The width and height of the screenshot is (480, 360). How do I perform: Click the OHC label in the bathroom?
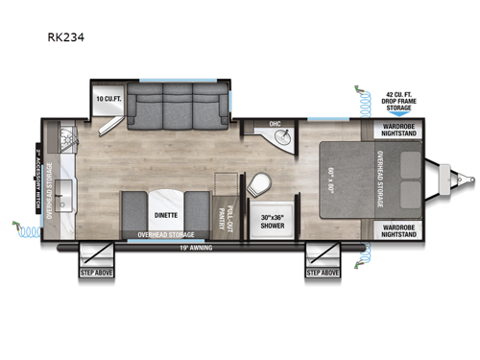(274, 124)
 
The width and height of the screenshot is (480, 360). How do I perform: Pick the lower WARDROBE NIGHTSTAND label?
(394, 230)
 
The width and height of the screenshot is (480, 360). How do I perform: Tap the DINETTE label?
(161, 216)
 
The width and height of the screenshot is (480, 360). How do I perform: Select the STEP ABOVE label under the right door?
(323, 274)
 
